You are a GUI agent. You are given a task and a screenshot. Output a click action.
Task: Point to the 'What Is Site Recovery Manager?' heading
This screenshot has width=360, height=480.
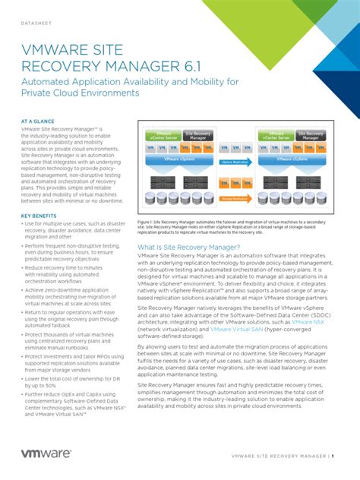point(188,248)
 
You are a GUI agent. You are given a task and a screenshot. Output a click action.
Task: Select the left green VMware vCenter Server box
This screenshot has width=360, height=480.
point(162,136)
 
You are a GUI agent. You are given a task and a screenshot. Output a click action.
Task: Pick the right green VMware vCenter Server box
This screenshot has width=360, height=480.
point(276,136)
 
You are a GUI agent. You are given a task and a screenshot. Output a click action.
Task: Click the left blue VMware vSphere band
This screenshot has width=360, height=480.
point(180,161)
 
